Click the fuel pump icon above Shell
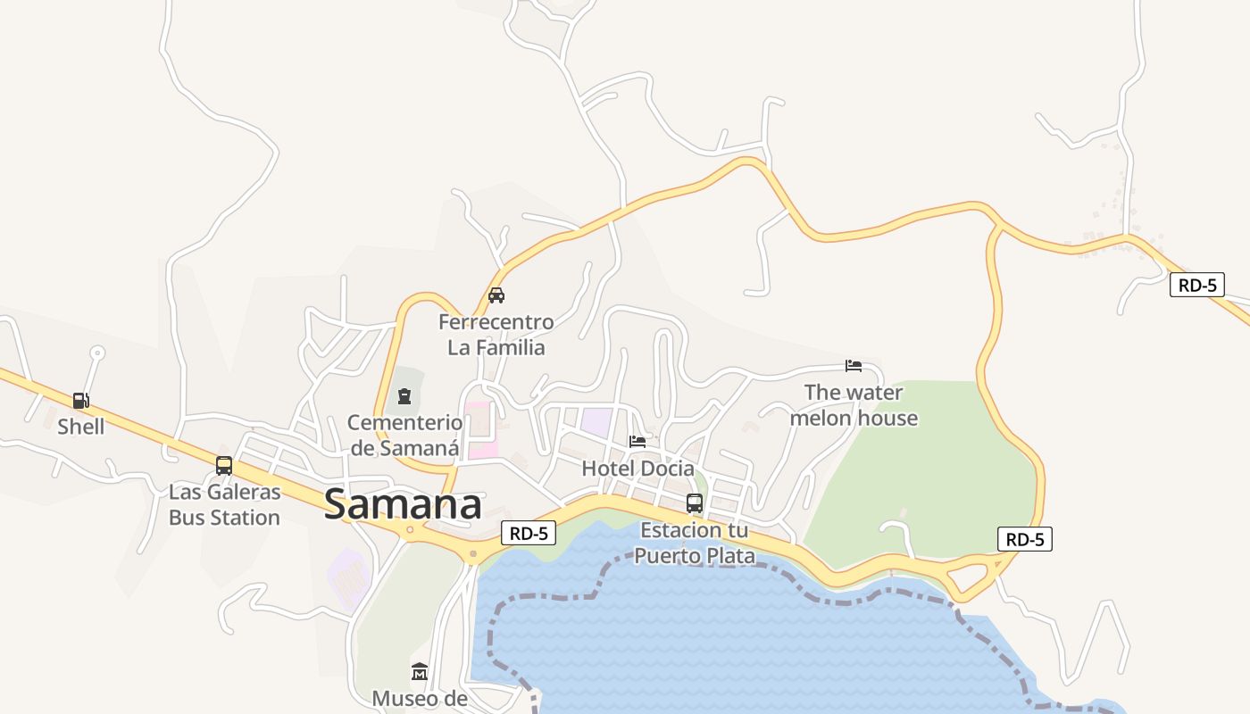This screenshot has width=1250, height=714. point(80,401)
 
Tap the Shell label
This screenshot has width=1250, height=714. point(81,427)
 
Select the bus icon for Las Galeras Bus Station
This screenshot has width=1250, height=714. point(224,465)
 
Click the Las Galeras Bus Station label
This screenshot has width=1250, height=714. point(224,504)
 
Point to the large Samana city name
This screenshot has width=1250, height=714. point(403,504)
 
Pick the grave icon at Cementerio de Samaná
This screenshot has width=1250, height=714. point(404,395)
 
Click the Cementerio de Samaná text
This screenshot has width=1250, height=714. point(404,435)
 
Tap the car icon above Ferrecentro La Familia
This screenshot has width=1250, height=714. point(496,295)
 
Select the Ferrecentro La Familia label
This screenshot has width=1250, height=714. point(496,334)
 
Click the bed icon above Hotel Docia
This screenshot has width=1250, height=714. point(637,441)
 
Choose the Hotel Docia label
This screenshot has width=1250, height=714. point(637,468)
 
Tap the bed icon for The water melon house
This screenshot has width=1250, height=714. point(854,365)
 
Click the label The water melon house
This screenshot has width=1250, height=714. point(854,404)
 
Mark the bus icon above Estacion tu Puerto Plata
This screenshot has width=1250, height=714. point(695,502)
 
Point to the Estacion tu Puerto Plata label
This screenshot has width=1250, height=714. point(695,543)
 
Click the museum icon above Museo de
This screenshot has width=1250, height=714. point(420,671)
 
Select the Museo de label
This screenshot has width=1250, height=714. point(420,698)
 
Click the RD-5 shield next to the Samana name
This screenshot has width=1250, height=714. point(529,534)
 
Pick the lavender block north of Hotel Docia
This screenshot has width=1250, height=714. point(596,422)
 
